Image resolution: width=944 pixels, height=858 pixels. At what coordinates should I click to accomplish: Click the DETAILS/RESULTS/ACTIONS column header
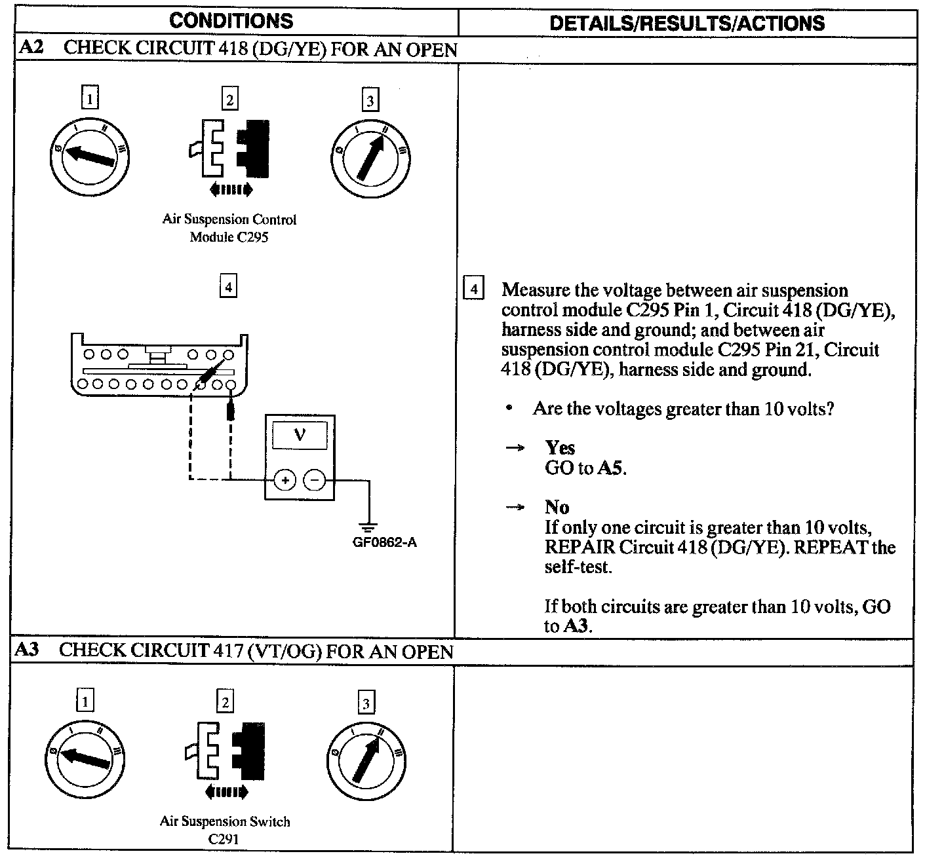[686, 23]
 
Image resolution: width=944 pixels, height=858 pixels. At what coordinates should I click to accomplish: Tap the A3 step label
[28, 650]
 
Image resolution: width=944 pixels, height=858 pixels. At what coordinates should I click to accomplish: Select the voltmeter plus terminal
[285, 480]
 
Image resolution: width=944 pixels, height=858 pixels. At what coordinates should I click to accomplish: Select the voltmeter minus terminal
[315, 480]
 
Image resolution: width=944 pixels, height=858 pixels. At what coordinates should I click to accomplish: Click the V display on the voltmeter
[300, 435]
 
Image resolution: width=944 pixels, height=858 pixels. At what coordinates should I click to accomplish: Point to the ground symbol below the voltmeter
[369, 526]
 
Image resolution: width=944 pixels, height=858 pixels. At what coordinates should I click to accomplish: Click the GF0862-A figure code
[385, 542]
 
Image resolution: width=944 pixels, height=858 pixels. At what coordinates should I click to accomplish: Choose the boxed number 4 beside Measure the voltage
[473, 289]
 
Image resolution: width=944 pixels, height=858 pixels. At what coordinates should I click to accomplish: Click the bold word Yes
[560, 448]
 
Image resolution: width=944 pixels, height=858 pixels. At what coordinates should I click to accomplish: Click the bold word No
[557, 507]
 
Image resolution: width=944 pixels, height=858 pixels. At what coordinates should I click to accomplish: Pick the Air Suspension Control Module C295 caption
[229, 228]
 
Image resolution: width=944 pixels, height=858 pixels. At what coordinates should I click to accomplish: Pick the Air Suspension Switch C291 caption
[224, 830]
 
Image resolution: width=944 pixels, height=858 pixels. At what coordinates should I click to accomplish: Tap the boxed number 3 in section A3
[366, 703]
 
